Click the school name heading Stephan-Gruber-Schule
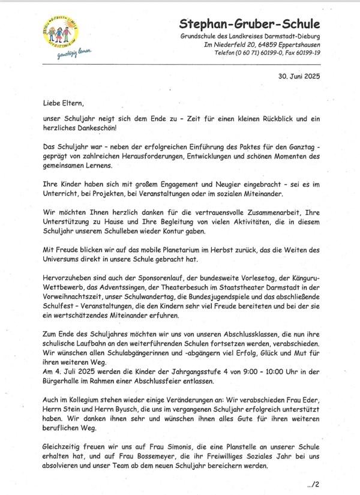[x=250, y=25]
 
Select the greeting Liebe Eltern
[x=61, y=103]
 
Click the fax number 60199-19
[x=305, y=53]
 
